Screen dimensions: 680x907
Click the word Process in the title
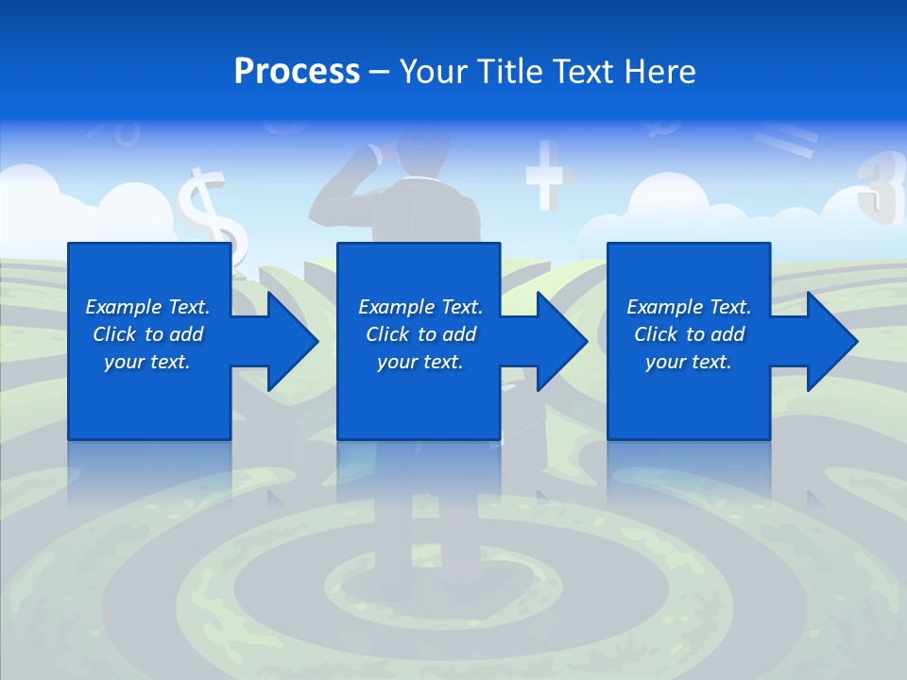point(297,72)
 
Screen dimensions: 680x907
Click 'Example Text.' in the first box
point(147,307)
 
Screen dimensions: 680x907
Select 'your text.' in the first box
point(147,362)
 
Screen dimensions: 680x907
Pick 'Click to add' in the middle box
point(420,334)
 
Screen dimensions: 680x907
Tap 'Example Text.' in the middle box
point(420,307)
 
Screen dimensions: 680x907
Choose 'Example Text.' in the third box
point(689,307)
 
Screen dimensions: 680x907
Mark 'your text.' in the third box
point(689,362)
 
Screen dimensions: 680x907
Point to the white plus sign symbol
point(549,175)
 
